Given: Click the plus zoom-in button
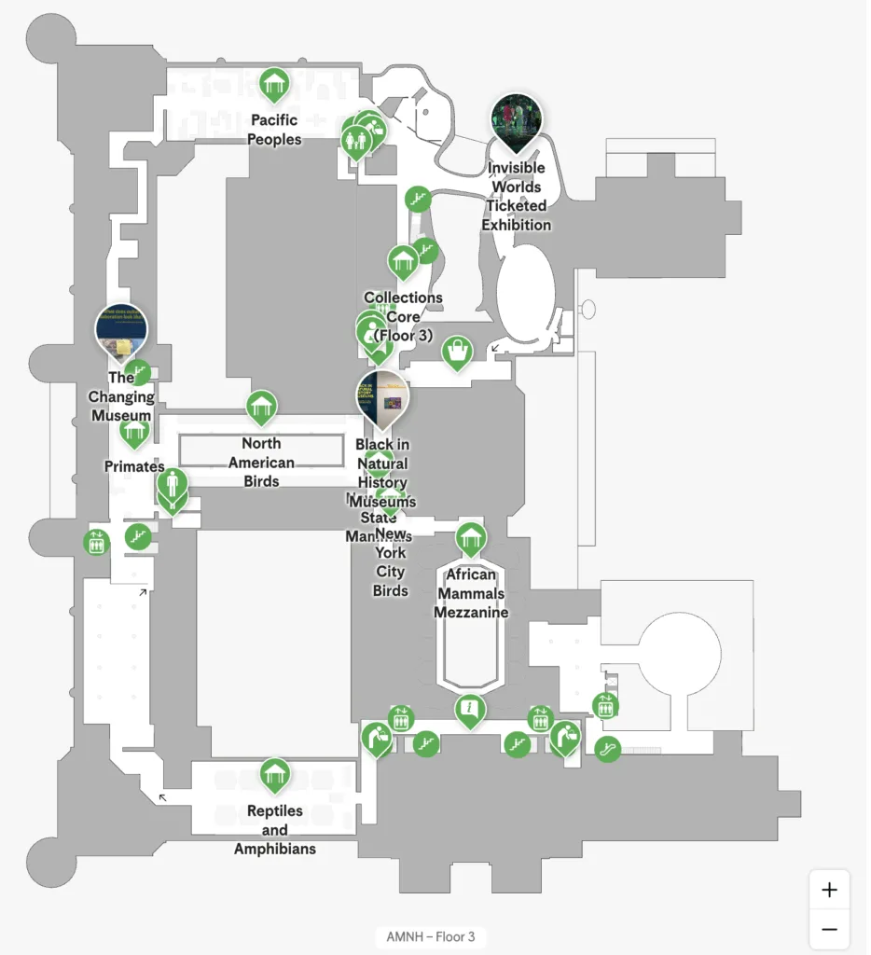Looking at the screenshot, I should [829, 890].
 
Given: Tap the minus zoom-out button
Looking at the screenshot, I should [829, 930].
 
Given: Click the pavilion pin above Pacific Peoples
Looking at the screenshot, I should [274, 85].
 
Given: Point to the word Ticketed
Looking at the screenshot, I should [516, 206].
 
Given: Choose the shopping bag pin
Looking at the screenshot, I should [457, 352].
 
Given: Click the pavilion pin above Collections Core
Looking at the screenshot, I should [403, 261].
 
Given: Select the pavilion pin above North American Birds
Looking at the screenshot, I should [262, 407].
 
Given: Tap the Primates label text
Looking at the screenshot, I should [134, 466].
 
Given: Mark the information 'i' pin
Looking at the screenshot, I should [471, 711].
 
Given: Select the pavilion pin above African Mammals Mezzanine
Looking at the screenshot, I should [471, 538].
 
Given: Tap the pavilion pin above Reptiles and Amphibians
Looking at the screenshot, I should [274, 774].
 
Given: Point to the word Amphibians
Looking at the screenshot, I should [274, 849].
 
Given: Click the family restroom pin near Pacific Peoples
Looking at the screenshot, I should [357, 140].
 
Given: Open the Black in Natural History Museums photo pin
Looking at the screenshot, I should [382, 395].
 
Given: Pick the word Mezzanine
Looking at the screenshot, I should [471, 613].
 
